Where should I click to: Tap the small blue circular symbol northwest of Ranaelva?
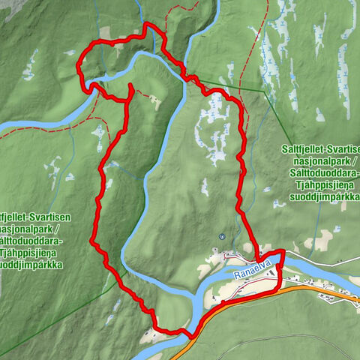tap(222, 236)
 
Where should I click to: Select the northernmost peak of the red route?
tap(148, 26)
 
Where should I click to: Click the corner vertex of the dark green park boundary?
tap(264, 91)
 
